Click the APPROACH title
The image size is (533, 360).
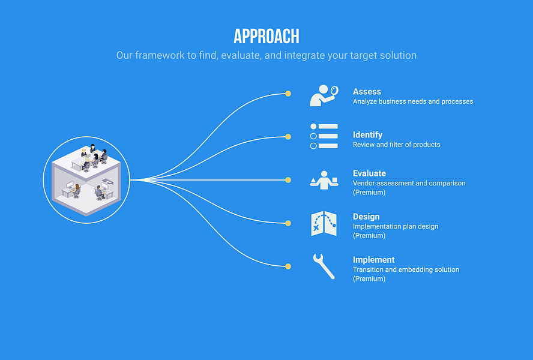pos(266,36)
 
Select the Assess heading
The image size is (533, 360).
pos(367,92)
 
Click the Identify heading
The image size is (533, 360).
pos(367,135)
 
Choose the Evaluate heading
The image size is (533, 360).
pos(369,173)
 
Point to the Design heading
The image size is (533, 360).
pos(366,217)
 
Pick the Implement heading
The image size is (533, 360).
pos(373,260)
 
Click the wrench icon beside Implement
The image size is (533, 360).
pos(324,266)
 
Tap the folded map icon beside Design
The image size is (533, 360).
pos(324,223)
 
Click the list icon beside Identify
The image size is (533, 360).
pos(324,136)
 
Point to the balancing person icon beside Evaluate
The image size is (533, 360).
pos(324,180)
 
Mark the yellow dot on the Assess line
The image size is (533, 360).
pos(288,94)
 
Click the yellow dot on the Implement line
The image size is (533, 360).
pos(288,266)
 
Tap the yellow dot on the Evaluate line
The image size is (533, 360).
pos(288,180)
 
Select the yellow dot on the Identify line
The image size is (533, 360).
pos(288,137)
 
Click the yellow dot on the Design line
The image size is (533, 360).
pos(288,223)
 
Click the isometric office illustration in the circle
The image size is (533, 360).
pos(86,179)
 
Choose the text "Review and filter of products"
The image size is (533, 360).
pos(396,145)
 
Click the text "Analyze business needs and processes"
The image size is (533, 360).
pos(412,101)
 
